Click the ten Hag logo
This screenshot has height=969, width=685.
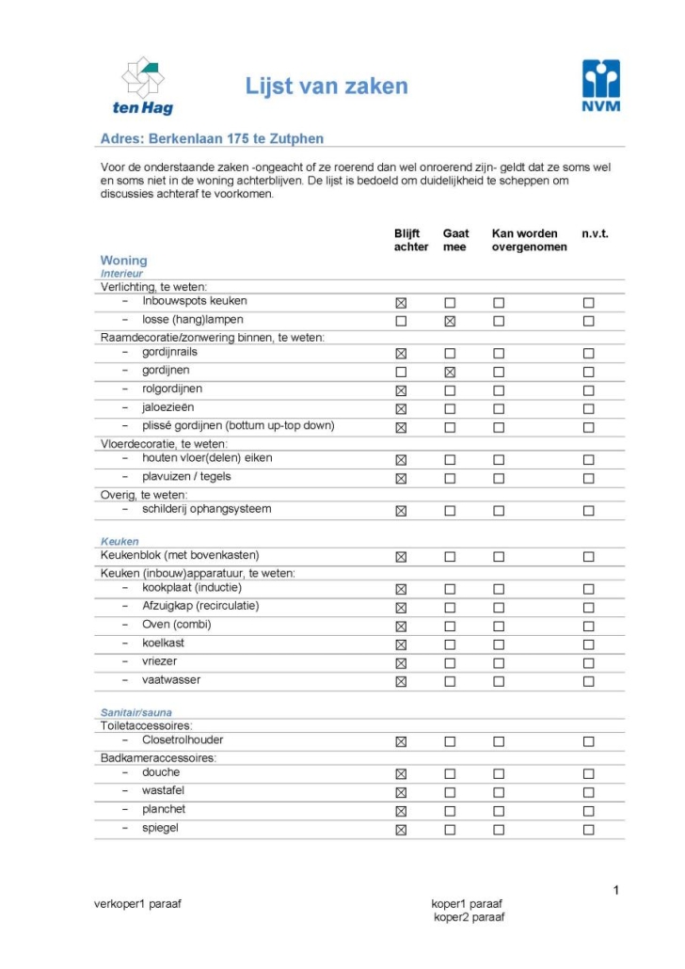click(143, 85)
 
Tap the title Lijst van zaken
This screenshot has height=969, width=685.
click(327, 87)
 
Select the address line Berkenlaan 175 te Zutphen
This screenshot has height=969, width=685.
click(212, 139)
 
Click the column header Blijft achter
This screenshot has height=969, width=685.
click(411, 240)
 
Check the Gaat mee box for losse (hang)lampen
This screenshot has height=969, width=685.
click(450, 321)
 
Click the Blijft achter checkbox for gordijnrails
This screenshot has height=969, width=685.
click(401, 353)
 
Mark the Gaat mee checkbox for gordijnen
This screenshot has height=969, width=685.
click(450, 372)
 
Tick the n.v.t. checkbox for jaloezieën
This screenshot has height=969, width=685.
click(588, 408)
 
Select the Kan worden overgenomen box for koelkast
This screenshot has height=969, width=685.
click(499, 644)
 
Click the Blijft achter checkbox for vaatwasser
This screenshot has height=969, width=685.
click(401, 681)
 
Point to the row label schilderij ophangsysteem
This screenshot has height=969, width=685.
click(206, 509)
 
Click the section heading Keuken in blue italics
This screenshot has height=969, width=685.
click(119, 542)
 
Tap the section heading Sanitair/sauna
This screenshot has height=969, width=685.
click(136, 713)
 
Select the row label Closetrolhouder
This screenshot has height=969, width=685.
click(183, 739)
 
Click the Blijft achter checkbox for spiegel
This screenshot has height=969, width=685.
click(401, 830)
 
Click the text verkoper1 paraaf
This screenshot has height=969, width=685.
click(137, 904)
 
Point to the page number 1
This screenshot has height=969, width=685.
click(616, 890)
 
